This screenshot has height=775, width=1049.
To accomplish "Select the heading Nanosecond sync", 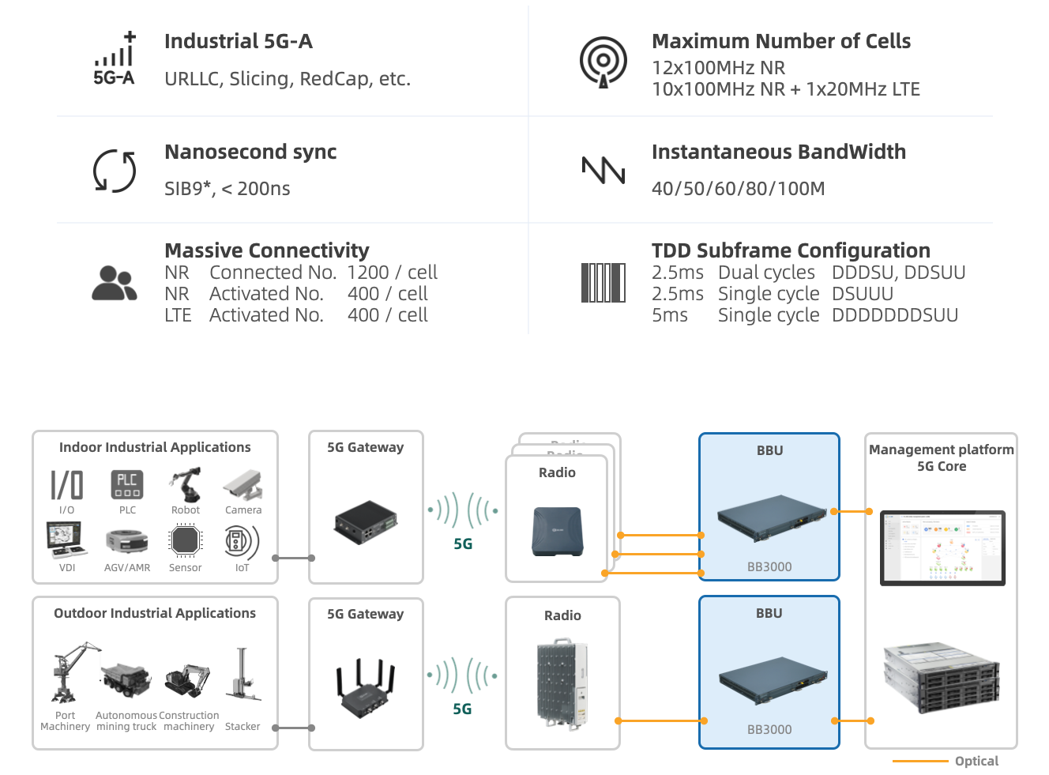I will tap(250, 152).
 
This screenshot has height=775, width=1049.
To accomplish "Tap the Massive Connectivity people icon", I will tap(115, 283).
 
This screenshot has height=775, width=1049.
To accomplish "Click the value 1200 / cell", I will tap(392, 273).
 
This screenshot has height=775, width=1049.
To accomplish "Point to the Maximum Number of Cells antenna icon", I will tap(603, 61).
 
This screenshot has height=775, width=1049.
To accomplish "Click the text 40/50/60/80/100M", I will tap(738, 189).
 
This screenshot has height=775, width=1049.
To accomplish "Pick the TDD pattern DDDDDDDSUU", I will tap(894, 315).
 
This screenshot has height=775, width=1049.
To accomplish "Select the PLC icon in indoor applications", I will tap(127, 485).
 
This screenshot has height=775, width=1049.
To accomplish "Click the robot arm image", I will tap(186, 485).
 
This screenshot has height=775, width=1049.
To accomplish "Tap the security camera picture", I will tap(243, 485).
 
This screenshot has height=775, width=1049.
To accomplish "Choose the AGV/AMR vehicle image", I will tap(127, 543).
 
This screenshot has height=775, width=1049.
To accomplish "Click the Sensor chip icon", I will tap(186, 541).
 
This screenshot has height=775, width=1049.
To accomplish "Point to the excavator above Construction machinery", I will tap(188, 679).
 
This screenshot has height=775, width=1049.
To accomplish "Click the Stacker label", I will tap(243, 727).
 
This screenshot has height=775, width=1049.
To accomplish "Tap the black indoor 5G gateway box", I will tap(365, 523).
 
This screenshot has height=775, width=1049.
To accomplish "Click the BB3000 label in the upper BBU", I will tap(769, 567).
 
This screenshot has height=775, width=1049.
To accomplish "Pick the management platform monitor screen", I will tap(942, 547).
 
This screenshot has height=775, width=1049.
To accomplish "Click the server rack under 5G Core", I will tap(941, 677).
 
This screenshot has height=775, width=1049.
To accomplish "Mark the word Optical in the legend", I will tap(976, 761).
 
